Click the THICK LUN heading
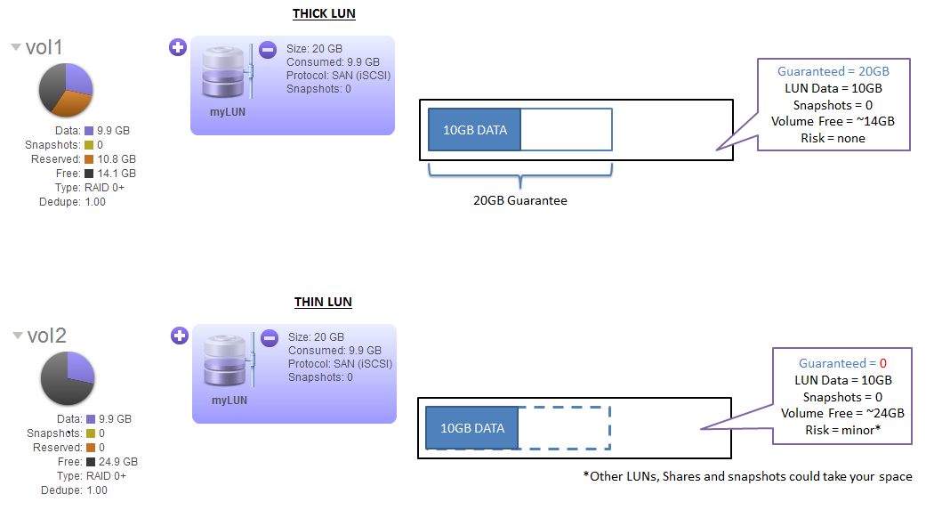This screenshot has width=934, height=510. point(324,14)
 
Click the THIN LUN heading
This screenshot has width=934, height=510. point(323,302)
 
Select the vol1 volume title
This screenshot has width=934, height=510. point(44,48)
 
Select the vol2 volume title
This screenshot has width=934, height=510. point(45,336)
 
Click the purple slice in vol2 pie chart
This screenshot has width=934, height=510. point(79,366)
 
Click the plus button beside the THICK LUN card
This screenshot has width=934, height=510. point(178,47)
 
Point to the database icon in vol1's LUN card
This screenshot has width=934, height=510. point(223,73)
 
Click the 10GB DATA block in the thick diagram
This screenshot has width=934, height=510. point(474,130)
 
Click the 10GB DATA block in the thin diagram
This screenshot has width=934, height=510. point(471,428)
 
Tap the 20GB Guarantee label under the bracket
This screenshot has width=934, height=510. point(519,200)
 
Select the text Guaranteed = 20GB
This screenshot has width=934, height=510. point(833,71)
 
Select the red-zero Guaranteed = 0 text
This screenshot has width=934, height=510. point(842,363)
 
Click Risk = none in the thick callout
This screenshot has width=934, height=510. point(833,138)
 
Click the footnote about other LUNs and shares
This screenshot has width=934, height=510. point(747,476)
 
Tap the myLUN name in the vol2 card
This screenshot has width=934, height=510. point(229,401)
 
